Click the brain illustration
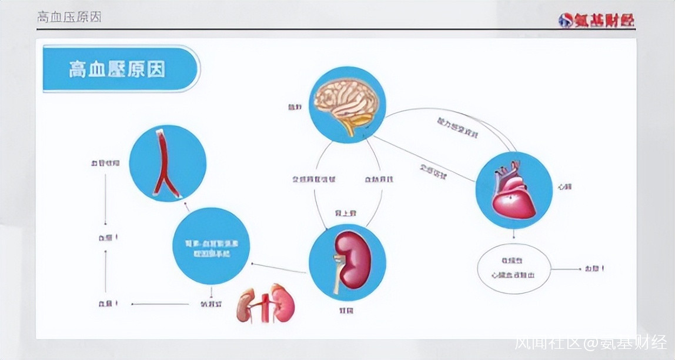tap(345, 103)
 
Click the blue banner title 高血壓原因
tap(118, 69)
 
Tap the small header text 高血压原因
tap(69, 17)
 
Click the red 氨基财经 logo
tap(596, 21)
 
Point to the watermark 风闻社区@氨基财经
tap(590, 343)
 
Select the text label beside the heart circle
tap(565, 186)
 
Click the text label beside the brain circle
tap(295, 107)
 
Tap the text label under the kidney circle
tap(346, 309)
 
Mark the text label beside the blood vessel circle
tap(105, 162)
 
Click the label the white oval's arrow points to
tap(594, 269)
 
